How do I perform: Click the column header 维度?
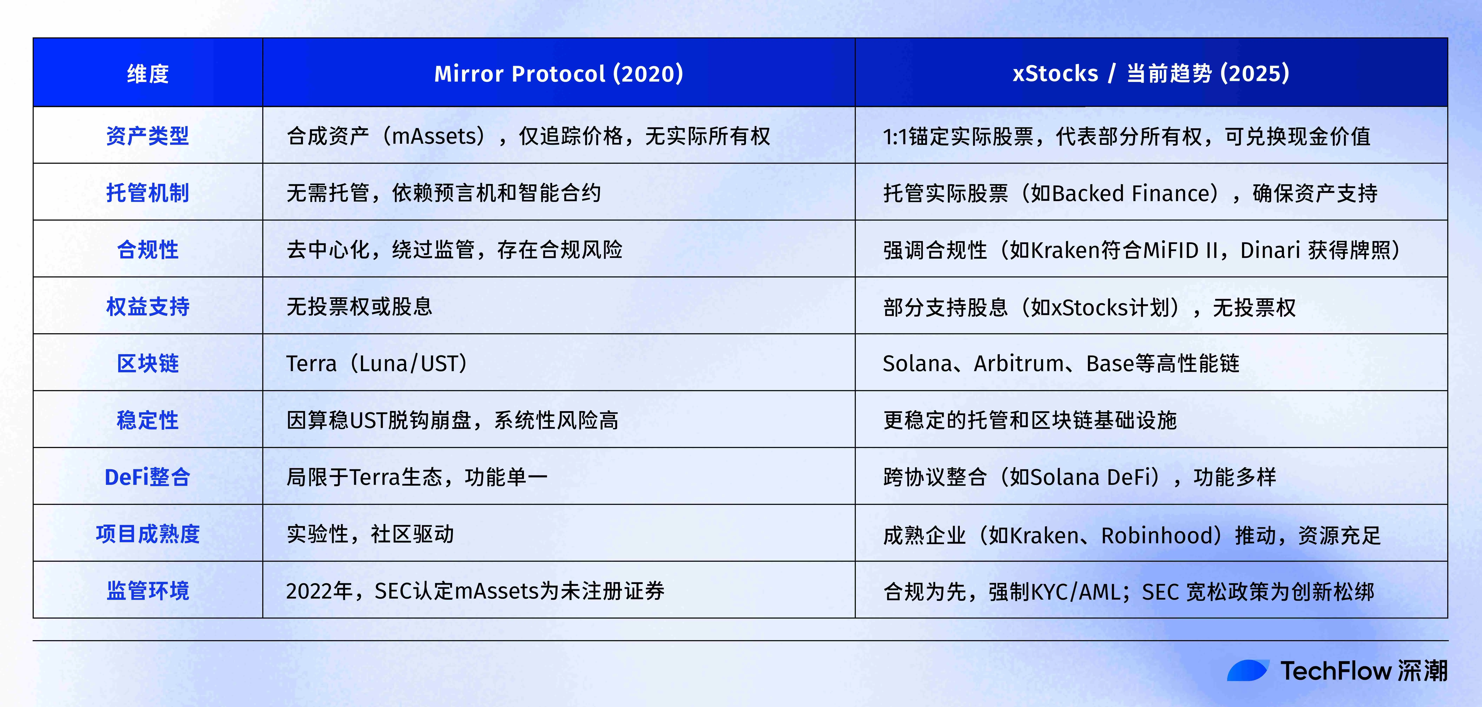148,74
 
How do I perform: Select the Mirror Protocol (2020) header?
559,74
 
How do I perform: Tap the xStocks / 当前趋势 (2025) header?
1151,74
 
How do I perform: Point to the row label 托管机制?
148,193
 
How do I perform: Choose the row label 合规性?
148,250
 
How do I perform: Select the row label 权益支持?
148,307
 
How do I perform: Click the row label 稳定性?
148,420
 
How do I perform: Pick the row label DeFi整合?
148,477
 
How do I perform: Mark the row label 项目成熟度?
148,534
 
